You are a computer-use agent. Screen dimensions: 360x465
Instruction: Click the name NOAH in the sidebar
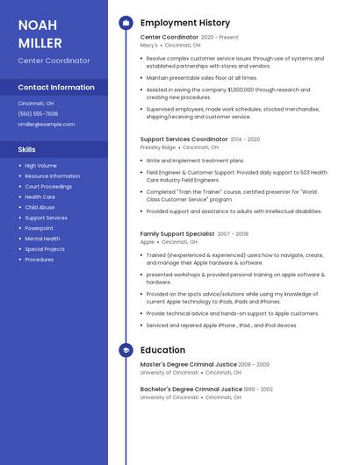(x=39, y=25)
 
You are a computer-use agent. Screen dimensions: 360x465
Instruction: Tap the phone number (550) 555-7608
(x=38, y=113)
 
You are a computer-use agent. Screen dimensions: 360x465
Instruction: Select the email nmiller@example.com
(x=46, y=125)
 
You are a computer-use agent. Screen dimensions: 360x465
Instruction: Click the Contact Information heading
(x=56, y=88)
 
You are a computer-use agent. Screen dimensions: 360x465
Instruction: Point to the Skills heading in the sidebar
(x=27, y=149)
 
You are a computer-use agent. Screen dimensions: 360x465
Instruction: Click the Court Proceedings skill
(x=48, y=186)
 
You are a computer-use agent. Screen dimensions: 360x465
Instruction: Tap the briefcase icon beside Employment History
(x=126, y=23)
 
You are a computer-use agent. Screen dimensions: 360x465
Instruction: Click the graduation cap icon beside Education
(x=126, y=350)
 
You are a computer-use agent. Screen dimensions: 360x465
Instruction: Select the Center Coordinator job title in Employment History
(x=169, y=38)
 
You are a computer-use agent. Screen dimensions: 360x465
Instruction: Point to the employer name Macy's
(x=149, y=46)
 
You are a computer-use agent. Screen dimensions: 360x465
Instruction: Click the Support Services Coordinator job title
(x=184, y=139)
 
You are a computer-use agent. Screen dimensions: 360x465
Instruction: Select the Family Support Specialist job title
(x=176, y=234)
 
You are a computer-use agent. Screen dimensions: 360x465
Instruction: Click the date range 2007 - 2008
(x=233, y=234)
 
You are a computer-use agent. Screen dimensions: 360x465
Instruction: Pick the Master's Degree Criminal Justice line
(x=188, y=364)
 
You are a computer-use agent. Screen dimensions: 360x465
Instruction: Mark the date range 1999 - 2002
(x=259, y=389)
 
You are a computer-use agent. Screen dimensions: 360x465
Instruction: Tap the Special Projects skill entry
(x=45, y=249)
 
